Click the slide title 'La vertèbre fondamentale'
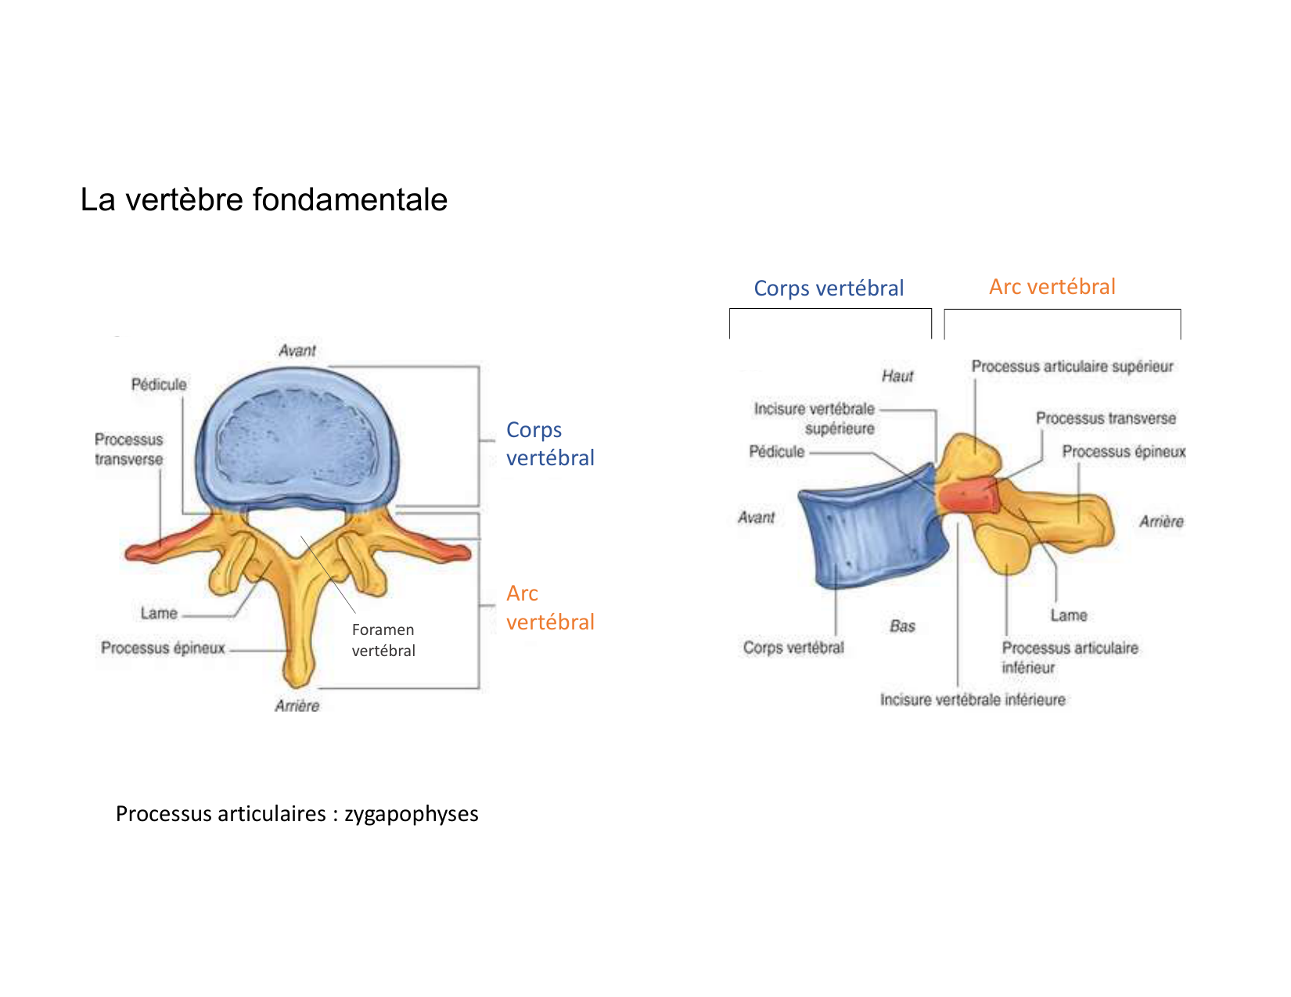tap(264, 199)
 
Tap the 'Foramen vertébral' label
tap(383, 640)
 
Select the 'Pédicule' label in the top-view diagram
tap(159, 384)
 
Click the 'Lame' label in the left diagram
tap(159, 613)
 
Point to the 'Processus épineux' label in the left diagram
tap(163, 647)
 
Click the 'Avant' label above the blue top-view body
tap(297, 350)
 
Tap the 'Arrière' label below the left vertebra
tap(297, 705)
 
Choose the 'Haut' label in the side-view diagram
tap(897, 376)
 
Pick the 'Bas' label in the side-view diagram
tap(902, 626)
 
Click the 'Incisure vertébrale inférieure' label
tap(973, 699)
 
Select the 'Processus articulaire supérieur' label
tap(1072, 366)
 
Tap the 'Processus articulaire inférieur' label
tap(1070, 657)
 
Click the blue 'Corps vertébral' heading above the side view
tap(829, 288)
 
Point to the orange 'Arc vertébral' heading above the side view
tap(1052, 286)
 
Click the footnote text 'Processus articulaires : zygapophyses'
tap(297, 813)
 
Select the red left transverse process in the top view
tap(168, 543)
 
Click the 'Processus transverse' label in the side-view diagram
tap(1106, 418)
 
